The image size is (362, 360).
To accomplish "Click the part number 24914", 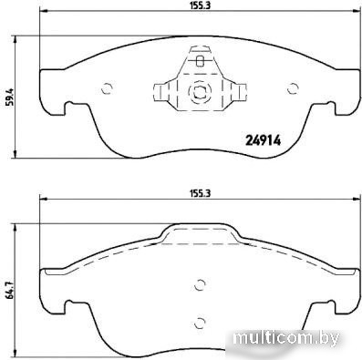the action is tap(263, 140).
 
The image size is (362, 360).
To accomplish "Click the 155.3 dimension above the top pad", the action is tap(200, 5).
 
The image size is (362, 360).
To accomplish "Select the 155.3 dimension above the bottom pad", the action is tap(200, 193).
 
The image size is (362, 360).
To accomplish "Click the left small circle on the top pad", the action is tap(107, 88).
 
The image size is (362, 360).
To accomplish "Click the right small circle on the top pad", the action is tap(293, 88).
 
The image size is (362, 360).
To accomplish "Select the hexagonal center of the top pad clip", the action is tap(200, 91).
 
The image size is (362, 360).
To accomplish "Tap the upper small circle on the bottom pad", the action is tap(200, 284).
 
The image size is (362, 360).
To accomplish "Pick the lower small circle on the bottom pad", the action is tap(200, 323).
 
